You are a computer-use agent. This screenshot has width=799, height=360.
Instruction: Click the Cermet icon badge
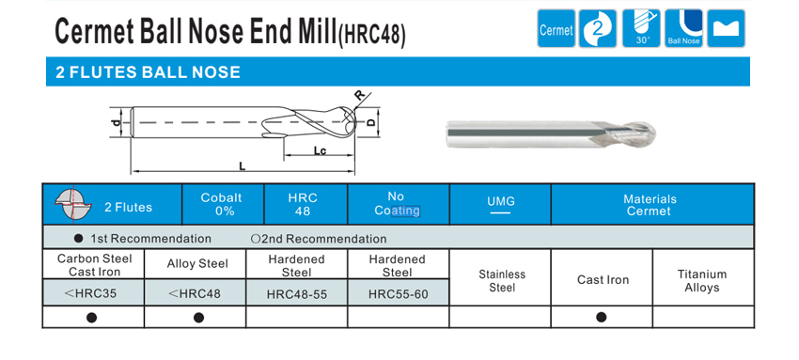tap(556, 28)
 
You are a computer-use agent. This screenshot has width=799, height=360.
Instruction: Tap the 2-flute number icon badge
tap(598, 28)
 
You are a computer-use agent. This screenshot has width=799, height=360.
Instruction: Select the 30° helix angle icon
tap(641, 28)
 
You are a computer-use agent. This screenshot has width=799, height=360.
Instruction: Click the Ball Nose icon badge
tap(683, 28)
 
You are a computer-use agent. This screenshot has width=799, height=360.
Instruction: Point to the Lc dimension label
tap(320, 150)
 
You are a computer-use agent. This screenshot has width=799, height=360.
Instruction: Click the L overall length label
tap(242, 165)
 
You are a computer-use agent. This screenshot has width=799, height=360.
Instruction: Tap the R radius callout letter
tap(360, 95)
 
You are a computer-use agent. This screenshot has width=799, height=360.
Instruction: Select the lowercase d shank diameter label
tap(117, 123)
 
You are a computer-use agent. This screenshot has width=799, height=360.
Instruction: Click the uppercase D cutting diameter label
tap(371, 122)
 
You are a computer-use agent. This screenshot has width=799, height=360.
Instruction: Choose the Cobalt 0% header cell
tap(223, 204)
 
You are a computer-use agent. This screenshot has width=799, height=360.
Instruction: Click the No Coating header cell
tap(398, 204)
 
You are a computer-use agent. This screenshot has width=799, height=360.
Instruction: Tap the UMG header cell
tap(500, 204)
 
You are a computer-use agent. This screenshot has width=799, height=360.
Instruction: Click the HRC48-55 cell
tap(296, 293)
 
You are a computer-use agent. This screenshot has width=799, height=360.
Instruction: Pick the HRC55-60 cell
tap(398, 293)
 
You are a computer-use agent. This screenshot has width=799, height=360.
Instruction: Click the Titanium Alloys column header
tap(702, 280)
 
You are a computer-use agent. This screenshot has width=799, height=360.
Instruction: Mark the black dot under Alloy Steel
tap(198, 318)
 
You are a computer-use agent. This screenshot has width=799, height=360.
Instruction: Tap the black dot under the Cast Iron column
tap(602, 317)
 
